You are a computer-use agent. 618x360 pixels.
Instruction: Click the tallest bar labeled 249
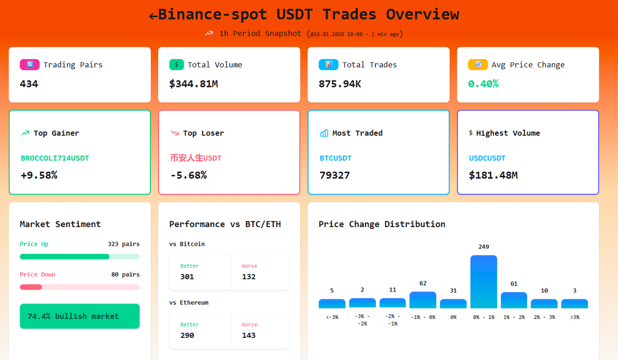(484, 281)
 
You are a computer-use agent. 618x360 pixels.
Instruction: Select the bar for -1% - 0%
(423, 300)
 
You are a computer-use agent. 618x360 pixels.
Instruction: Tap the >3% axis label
(574, 317)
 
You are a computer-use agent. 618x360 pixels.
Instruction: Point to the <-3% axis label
(332, 317)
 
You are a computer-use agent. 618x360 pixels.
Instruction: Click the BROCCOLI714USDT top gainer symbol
(55, 158)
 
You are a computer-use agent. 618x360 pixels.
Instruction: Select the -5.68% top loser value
(188, 175)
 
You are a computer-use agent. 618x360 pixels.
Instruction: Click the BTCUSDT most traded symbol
(336, 158)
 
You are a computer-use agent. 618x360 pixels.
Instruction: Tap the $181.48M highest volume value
(493, 175)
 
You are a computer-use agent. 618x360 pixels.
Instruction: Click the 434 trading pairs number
(29, 83)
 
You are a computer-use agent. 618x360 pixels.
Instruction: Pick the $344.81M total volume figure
(194, 83)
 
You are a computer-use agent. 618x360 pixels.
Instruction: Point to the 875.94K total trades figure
(340, 83)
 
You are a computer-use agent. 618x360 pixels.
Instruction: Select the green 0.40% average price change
(483, 83)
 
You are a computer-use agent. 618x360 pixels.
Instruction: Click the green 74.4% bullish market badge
(79, 316)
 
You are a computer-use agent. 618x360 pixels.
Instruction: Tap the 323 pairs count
(124, 244)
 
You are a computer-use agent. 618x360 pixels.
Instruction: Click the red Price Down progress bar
(31, 287)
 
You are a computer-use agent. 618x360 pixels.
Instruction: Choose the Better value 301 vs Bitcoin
(187, 277)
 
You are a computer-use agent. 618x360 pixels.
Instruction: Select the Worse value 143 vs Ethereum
(249, 335)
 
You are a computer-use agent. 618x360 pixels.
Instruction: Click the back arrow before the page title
(153, 16)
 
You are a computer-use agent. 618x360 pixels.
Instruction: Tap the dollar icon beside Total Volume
(177, 65)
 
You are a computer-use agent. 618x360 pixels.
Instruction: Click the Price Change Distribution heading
(382, 224)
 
